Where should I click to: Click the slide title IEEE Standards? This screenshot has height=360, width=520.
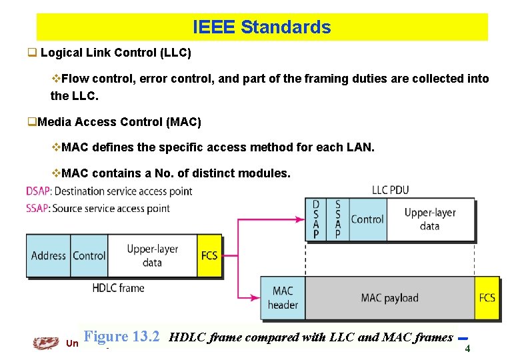(261, 27)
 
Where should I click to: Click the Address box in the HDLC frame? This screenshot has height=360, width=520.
(49, 255)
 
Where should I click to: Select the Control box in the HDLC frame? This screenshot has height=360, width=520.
(89, 255)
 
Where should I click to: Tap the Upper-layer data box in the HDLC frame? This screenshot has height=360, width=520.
(152, 255)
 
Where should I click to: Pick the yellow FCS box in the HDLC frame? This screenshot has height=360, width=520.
(209, 255)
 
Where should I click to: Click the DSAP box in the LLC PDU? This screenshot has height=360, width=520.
(316, 219)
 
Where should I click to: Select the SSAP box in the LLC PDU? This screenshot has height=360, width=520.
(337, 219)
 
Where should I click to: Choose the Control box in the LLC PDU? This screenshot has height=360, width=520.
(367, 219)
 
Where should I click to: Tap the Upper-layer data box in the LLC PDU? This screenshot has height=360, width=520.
(430, 219)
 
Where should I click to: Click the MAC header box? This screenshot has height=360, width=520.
(283, 297)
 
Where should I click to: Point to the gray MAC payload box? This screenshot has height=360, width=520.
(389, 297)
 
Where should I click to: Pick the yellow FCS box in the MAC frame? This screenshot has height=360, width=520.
(487, 297)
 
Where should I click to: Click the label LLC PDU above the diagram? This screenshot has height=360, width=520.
(391, 190)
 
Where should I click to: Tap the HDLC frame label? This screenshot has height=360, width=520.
(118, 288)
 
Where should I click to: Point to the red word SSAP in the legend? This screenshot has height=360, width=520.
(38, 208)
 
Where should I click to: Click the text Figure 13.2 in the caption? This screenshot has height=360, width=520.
(122, 337)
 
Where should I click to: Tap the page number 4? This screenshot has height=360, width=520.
(467, 348)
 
